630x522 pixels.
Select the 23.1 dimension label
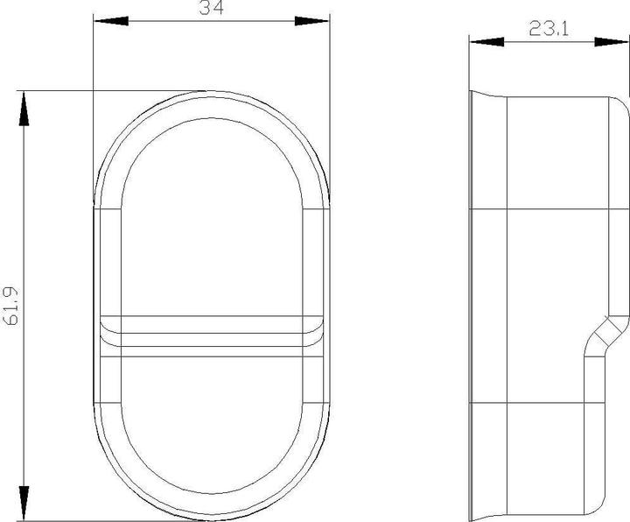[549, 28]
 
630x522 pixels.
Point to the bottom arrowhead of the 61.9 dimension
[24, 506]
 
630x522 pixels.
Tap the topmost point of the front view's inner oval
[211, 118]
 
